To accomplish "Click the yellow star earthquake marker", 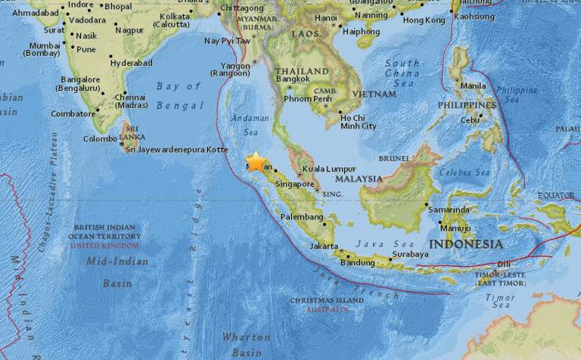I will click(256, 162).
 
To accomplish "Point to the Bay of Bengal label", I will click(179, 96).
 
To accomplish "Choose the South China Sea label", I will click(402, 73).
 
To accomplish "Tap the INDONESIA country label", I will click(465, 244).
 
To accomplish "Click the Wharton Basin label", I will click(246, 345).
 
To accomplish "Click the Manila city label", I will click(473, 85).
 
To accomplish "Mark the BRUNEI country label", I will click(393, 159).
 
